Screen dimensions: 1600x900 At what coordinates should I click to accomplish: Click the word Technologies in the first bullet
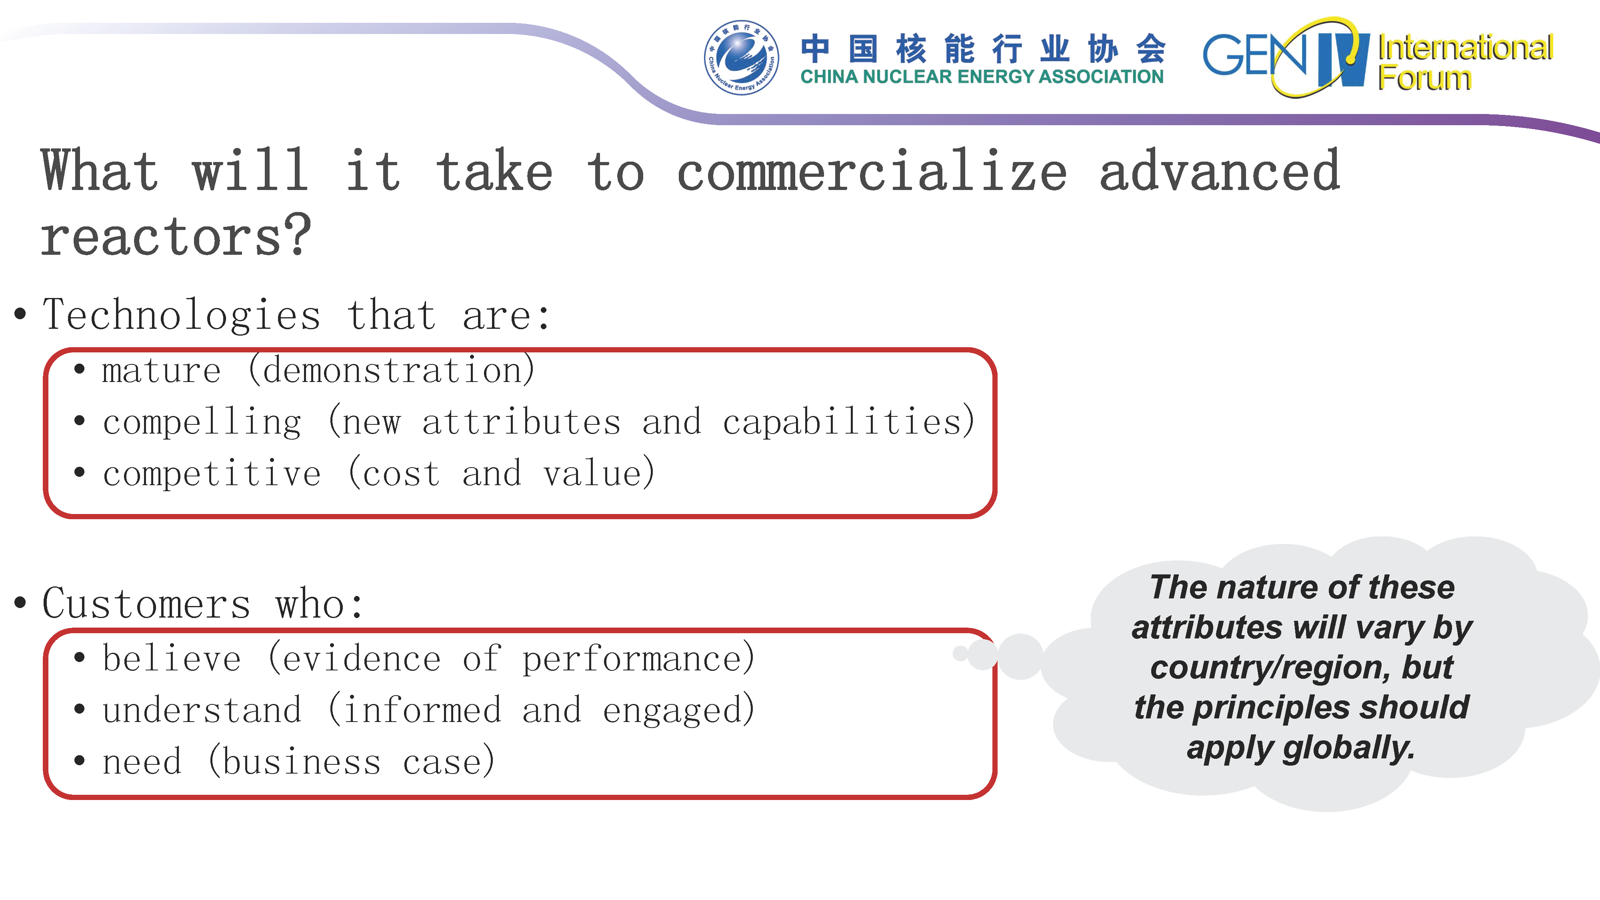(x=181, y=315)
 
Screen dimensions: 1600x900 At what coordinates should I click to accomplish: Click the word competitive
(x=212, y=474)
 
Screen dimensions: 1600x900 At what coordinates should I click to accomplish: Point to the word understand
(x=202, y=710)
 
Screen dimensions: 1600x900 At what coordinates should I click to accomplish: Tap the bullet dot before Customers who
(x=20, y=602)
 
